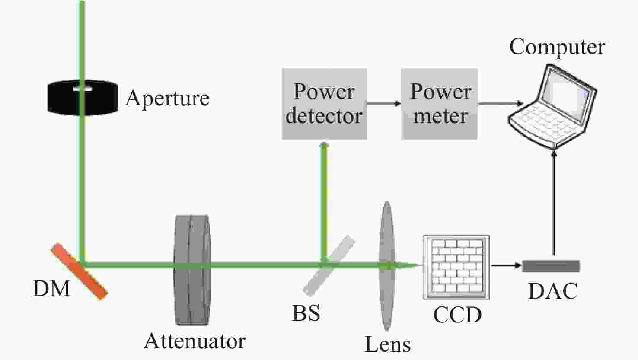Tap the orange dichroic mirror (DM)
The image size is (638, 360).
click(x=79, y=271)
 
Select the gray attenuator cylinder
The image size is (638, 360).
click(x=192, y=270)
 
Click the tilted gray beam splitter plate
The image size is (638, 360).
click(x=329, y=265)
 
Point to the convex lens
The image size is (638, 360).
click(x=387, y=265)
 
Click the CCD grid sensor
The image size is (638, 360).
click(x=456, y=267)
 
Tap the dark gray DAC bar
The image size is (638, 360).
click(x=551, y=266)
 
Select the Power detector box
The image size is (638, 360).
click(x=324, y=104)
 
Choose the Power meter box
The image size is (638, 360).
click(x=439, y=104)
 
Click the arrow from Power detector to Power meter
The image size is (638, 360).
click(x=384, y=103)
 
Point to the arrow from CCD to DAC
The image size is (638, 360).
click(x=506, y=265)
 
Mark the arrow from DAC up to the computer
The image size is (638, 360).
click(x=554, y=203)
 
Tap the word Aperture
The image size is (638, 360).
click(x=167, y=99)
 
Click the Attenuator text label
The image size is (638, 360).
click(x=195, y=341)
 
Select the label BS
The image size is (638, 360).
click(x=306, y=313)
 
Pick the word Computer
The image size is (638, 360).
click(x=557, y=47)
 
